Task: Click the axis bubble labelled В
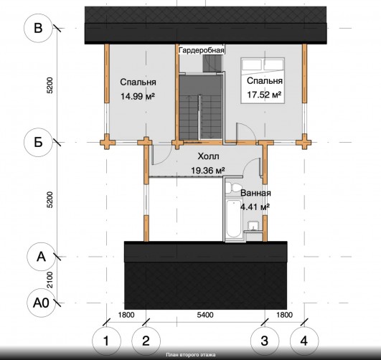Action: [x=38, y=28]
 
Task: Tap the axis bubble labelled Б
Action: [x=38, y=142]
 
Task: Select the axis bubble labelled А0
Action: [x=41, y=303]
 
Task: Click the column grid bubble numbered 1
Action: [x=106, y=341]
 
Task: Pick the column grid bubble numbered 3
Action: [x=265, y=341]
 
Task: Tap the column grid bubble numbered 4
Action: [x=304, y=341]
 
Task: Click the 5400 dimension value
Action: [x=205, y=315]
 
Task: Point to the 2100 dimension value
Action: [x=50, y=280]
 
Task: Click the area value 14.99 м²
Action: [x=138, y=96]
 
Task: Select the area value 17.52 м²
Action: [x=264, y=95]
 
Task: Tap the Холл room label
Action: [x=208, y=156]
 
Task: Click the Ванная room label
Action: [x=255, y=193]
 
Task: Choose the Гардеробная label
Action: [x=202, y=50]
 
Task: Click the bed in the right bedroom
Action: [x=263, y=80]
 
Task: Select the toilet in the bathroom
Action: [x=233, y=188]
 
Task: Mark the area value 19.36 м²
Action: [x=208, y=171]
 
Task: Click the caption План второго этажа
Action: [x=191, y=355]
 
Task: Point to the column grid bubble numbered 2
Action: [x=146, y=341]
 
